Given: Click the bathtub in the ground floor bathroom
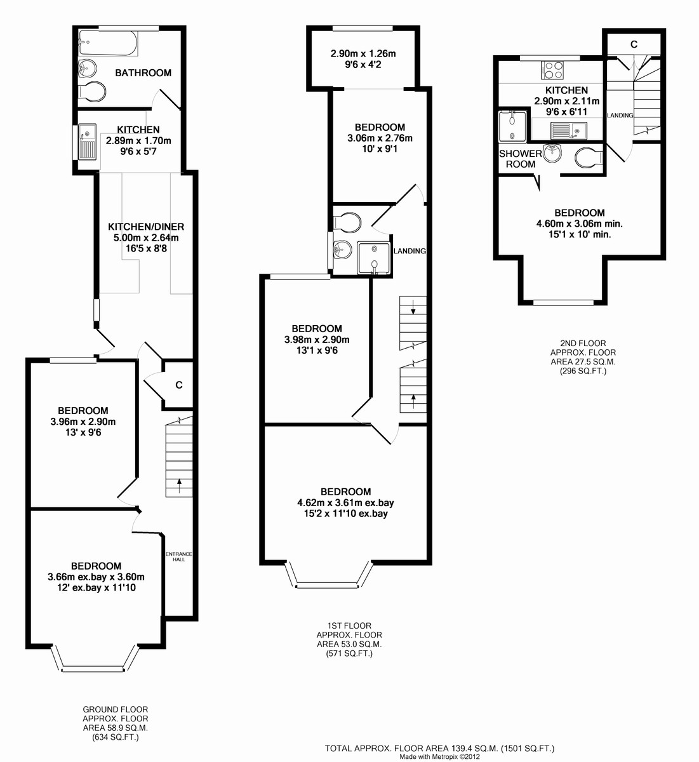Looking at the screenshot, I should click(x=107, y=46).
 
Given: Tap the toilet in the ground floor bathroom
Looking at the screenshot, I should click(x=92, y=91).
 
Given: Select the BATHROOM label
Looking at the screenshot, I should click(x=143, y=73).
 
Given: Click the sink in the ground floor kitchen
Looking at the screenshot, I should click(x=87, y=141).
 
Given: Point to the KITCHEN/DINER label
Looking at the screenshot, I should click(x=146, y=227).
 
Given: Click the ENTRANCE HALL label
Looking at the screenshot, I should click(x=179, y=556).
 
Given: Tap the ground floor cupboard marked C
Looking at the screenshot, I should click(x=179, y=385).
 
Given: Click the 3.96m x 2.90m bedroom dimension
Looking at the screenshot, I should click(x=83, y=422).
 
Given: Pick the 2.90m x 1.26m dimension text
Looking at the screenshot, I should click(x=363, y=54).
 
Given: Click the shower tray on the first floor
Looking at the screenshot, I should click(x=375, y=258).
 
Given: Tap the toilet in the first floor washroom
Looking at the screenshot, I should click(x=347, y=222).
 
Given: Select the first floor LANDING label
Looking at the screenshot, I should click(x=409, y=251).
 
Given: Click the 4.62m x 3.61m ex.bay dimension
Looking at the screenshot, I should click(x=345, y=502).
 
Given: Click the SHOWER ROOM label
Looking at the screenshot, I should click(x=521, y=159).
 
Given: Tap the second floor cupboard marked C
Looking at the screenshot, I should click(x=633, y=44).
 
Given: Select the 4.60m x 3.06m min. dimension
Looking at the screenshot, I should click(x=579, y=224).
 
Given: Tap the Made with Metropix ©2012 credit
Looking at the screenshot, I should click(x=439, y=757).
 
